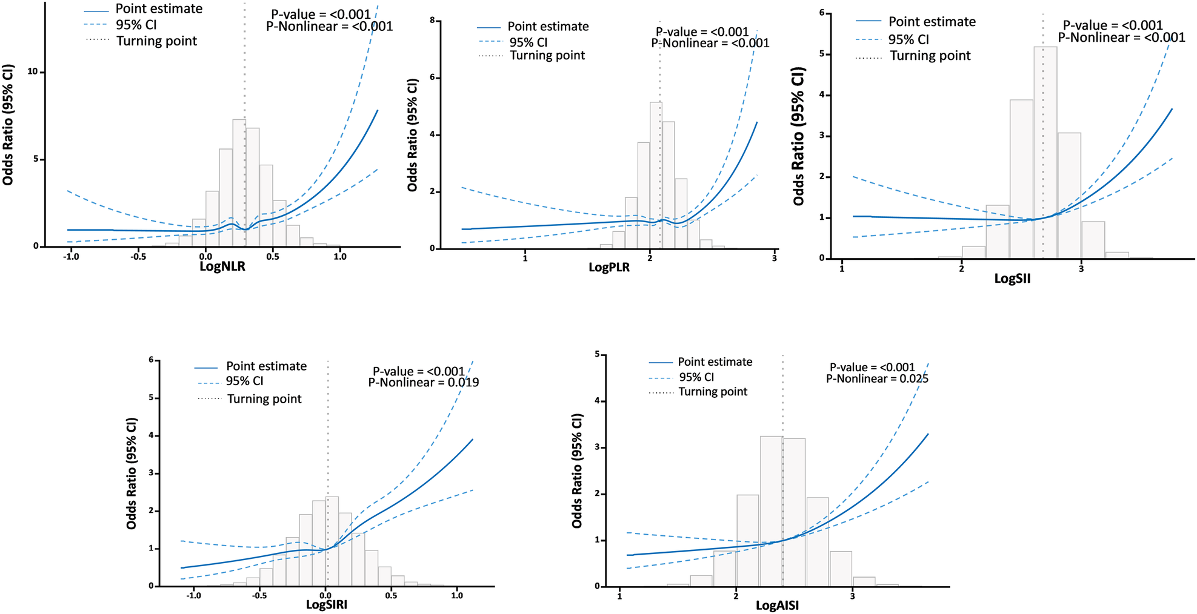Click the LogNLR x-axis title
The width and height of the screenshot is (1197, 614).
(x=222, y=267)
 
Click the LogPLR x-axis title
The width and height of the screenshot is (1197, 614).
(x=609, y=268)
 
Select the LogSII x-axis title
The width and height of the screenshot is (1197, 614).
(x=1012, y=279)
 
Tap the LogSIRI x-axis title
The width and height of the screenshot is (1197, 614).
(x=327, y=604)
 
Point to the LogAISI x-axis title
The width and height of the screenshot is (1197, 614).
(x=777, y=606)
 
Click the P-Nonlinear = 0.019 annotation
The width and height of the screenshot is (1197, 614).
(x=424, y=383)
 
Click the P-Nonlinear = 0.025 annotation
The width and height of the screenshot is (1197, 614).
(x=877, y=378)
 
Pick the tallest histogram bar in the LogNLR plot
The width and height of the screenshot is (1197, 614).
(x=239, y=182)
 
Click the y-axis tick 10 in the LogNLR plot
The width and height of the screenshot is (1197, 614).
(x=32, y=71)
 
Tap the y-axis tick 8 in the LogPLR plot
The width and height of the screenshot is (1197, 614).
(x=432, y=21)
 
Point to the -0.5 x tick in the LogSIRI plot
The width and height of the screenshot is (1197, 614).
(x=259, y=595)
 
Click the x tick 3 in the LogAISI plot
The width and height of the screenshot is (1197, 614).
(x=852, y=596)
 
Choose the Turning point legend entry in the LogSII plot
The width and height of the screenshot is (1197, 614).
(x=930, y=56)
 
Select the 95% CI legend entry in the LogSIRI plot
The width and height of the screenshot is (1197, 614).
(x=244, y=381)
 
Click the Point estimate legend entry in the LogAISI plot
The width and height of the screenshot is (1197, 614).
(x=715, y=362)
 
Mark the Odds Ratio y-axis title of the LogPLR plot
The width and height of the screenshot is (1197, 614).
(x=413, y=135)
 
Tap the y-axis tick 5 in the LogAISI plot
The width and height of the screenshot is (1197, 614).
(x=597, y=354)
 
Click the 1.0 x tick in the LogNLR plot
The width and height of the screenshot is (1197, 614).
(x=340, y=256)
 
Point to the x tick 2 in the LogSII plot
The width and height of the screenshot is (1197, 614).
(x=961, y=268)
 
